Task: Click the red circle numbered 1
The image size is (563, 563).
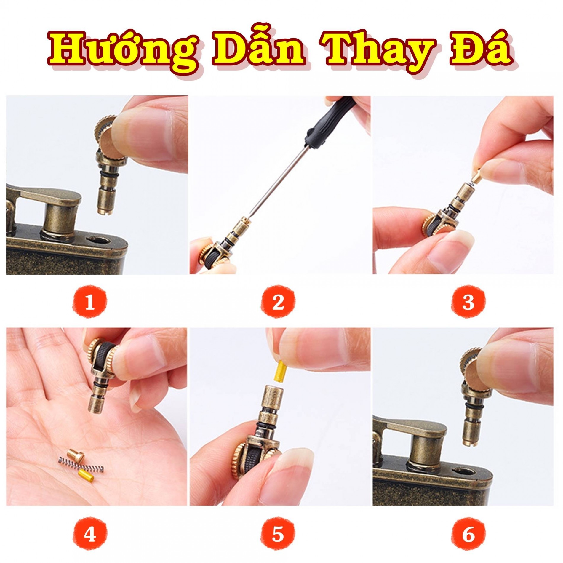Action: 89,302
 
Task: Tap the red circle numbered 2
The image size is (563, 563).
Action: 278,302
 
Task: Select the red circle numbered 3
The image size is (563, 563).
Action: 468,302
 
